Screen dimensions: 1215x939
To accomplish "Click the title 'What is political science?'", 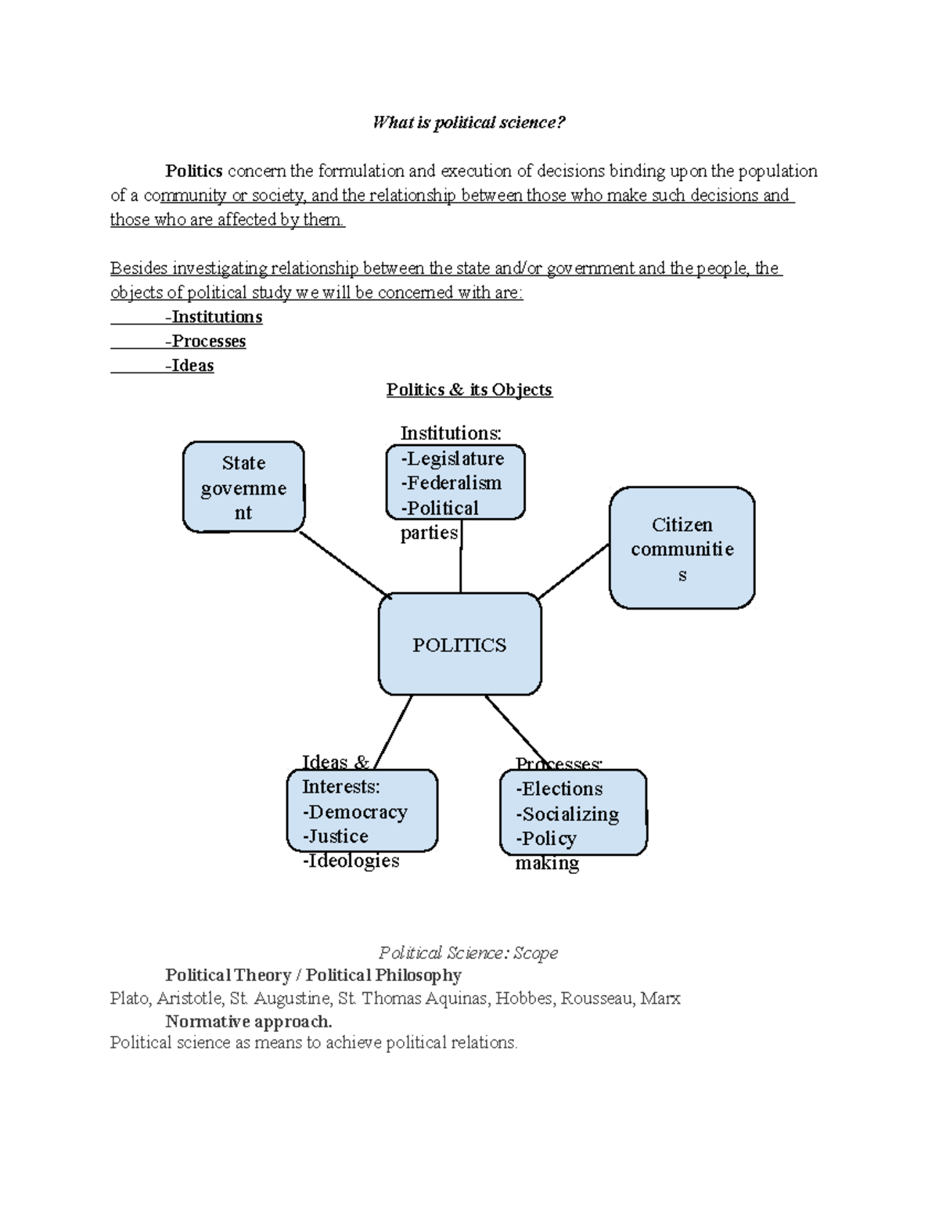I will (469, 122).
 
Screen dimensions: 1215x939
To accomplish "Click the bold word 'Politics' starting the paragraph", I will (194, 171).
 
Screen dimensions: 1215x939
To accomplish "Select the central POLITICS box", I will (459, 645).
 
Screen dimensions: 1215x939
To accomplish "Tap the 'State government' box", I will (243, 487).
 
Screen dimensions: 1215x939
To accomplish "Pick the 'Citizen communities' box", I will (682, 548).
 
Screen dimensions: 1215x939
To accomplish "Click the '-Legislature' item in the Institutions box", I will (452, 458).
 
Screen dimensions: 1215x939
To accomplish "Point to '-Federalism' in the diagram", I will (451, 483).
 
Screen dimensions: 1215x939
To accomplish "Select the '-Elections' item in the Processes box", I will (559, 789).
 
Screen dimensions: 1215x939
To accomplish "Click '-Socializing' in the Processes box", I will (567, 814).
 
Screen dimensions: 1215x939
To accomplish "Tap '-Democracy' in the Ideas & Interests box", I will (354, 811).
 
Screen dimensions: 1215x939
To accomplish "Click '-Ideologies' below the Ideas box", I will (351, 861).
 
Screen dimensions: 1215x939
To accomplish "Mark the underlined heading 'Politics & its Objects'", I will (469, 390).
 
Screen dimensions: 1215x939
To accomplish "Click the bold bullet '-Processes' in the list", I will (205, 341).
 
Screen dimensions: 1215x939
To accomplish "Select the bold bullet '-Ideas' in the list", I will (189, 365).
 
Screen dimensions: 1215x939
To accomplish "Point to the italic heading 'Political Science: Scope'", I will (468, 952).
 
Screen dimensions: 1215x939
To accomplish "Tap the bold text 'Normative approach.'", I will (249, 1021).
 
